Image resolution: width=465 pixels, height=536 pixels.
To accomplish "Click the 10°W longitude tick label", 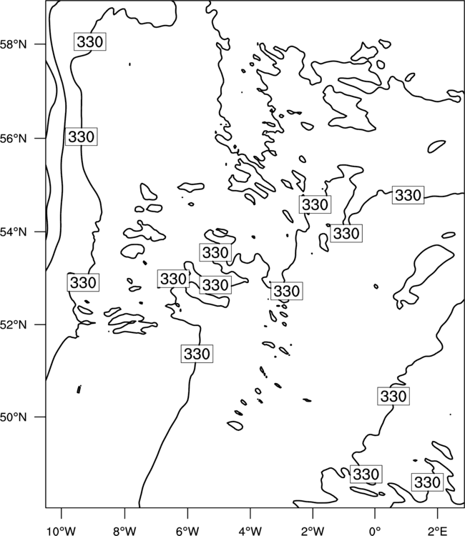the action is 62,531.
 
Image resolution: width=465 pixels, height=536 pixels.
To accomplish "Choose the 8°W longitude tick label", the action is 124,531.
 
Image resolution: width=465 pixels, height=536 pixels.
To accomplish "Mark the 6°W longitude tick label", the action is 187,531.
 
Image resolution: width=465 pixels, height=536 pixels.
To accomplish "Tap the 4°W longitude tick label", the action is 250,531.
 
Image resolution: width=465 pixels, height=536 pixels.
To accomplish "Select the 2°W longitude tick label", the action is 313,531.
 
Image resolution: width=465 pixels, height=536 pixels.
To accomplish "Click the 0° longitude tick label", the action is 375,531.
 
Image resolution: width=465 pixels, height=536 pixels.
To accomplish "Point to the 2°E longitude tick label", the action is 438,531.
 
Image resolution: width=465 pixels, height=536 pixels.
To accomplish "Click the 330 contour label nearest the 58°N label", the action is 90,41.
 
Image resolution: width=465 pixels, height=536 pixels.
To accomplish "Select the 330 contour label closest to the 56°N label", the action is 82,137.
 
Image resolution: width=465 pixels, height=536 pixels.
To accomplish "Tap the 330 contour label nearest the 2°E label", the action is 427,482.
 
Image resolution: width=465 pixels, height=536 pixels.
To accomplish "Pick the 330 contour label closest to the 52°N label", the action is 83,282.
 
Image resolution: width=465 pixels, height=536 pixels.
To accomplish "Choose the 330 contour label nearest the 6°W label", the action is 197,354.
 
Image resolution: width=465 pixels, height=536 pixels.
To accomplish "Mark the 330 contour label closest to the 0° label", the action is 366,474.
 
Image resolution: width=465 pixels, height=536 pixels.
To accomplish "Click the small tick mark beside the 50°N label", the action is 39,417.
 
